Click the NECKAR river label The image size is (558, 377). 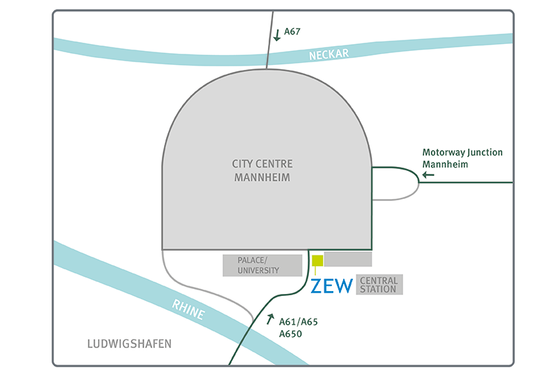coord(329,54)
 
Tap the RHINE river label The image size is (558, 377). coord(189,309)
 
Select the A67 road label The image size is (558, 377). coord(296,31)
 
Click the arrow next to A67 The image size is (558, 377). coord(278,34)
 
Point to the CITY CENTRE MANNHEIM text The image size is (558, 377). coord(262,170)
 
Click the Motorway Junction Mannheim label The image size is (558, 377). coord(462,158)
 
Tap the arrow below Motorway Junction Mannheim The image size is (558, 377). coord(428,175)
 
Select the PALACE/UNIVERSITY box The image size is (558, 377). coord(262,265)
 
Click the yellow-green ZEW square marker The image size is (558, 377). coord(317,261)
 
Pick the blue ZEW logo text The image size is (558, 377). coord(331,286)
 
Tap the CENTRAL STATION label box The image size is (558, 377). coord(379,285)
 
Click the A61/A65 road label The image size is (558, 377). coord(298,323)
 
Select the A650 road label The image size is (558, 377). coord(291,334)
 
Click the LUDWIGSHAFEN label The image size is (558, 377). coord(129,344)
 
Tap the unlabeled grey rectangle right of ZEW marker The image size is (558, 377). coord(348,259)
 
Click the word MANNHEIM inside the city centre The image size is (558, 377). coord(262,178)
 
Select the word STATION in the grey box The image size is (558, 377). coord(379,289)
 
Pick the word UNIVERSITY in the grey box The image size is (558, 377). coord(258,270)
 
